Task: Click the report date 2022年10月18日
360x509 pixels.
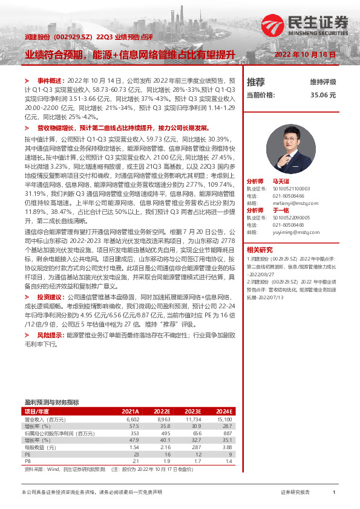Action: point(305,54)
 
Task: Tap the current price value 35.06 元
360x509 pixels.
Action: point(323,95)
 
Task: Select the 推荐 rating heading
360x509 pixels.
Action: point(256,82)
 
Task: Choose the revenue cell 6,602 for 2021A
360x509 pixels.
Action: point(132,418)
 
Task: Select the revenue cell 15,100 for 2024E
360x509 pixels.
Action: point(224,418)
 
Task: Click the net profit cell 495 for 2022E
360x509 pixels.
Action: point(163,433)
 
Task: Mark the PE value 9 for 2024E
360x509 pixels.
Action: point(230,454)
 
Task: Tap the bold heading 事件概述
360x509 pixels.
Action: point(49,80)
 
